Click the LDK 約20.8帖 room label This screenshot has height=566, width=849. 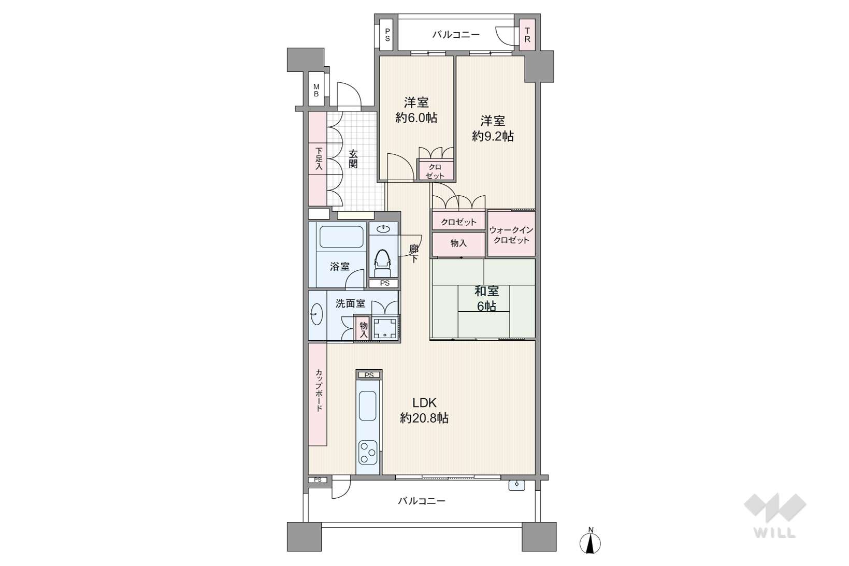pyautogui.click(x=424, y=410)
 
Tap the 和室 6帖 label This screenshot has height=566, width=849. pyautogui.click(x=486, y=298)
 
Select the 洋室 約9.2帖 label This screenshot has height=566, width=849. pyautogui.click(x=493, y=128)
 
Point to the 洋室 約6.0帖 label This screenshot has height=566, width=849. pyautogui.click(x=416, y=110)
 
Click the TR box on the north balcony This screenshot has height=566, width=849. pyautogui.click(x=527, y=35)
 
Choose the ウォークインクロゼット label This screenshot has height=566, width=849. pyautogui.click(x=511, y=235)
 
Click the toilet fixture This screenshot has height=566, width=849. pyautogui.click(x=382, y=263)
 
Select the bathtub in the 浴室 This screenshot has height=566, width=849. pyautogui.click(x=341, y=237)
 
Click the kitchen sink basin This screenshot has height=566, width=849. pyautogui.click(x=367, y=406)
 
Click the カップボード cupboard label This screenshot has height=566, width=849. pyautogui.click(x=319, y=390)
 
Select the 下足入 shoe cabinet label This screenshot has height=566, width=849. pyautogui.click(x=319, y=158)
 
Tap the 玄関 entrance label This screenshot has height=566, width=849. pyautogui.click(x=353, y=159)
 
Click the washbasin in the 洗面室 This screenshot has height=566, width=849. pyautogui.click(x=317, y=314)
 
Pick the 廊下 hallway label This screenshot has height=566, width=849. pyautogui.click(x=414, y=254)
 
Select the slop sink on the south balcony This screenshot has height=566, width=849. pyautogui.click(x=516, y=485)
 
